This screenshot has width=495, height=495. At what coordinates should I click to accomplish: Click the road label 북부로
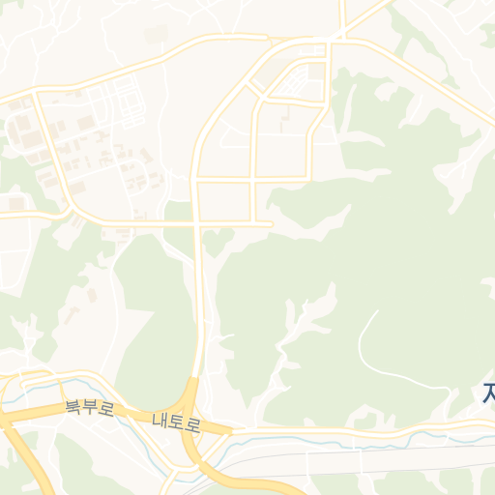click(89, 408)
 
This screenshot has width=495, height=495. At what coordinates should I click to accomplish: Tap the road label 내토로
click(176, 422)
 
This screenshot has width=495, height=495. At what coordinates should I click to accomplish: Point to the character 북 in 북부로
click(73, 406)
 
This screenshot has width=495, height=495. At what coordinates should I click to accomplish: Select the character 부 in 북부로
click(89, 408)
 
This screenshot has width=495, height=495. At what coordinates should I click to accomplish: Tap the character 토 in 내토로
click(176, 422)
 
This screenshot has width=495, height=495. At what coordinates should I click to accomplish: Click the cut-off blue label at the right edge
click(488, 393)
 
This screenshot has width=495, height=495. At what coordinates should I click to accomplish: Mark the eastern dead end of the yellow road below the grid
click(270, 224)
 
